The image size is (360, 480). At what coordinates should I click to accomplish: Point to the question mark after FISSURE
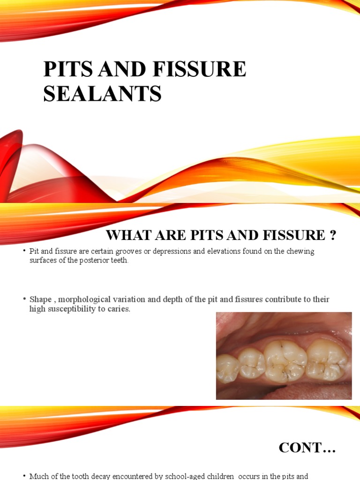[x=333, y=234]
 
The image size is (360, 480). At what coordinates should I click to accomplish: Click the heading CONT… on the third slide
[x=307, y=448]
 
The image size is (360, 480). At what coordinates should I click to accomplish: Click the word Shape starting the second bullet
[x=40, y=299]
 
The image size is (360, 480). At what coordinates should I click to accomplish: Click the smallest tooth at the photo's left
[x=227, y=368]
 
